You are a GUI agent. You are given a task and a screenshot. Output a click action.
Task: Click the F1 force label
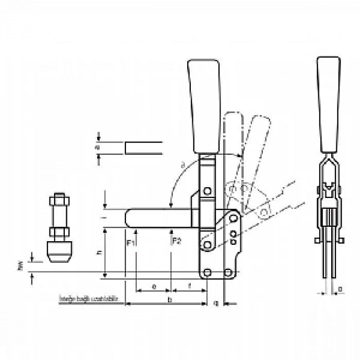pyautogui.click(x=130, y=241)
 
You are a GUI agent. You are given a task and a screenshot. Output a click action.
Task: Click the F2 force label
pyautogui.click(x=176, y=241)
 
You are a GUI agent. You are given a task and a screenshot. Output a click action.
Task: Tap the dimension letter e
pyautogui.click(x=154, y=286)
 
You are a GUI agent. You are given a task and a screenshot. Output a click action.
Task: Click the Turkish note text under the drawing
pyautogui.click(x=90, y=298)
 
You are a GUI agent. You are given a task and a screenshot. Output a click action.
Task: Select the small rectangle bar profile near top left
pyautogui.click(x=144, y=148)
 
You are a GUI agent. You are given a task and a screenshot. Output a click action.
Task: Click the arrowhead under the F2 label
pyautogui.click(x=171, y=233)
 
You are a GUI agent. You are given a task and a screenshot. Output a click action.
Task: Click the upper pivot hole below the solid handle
pyautogui.click(x=207, y=191)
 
